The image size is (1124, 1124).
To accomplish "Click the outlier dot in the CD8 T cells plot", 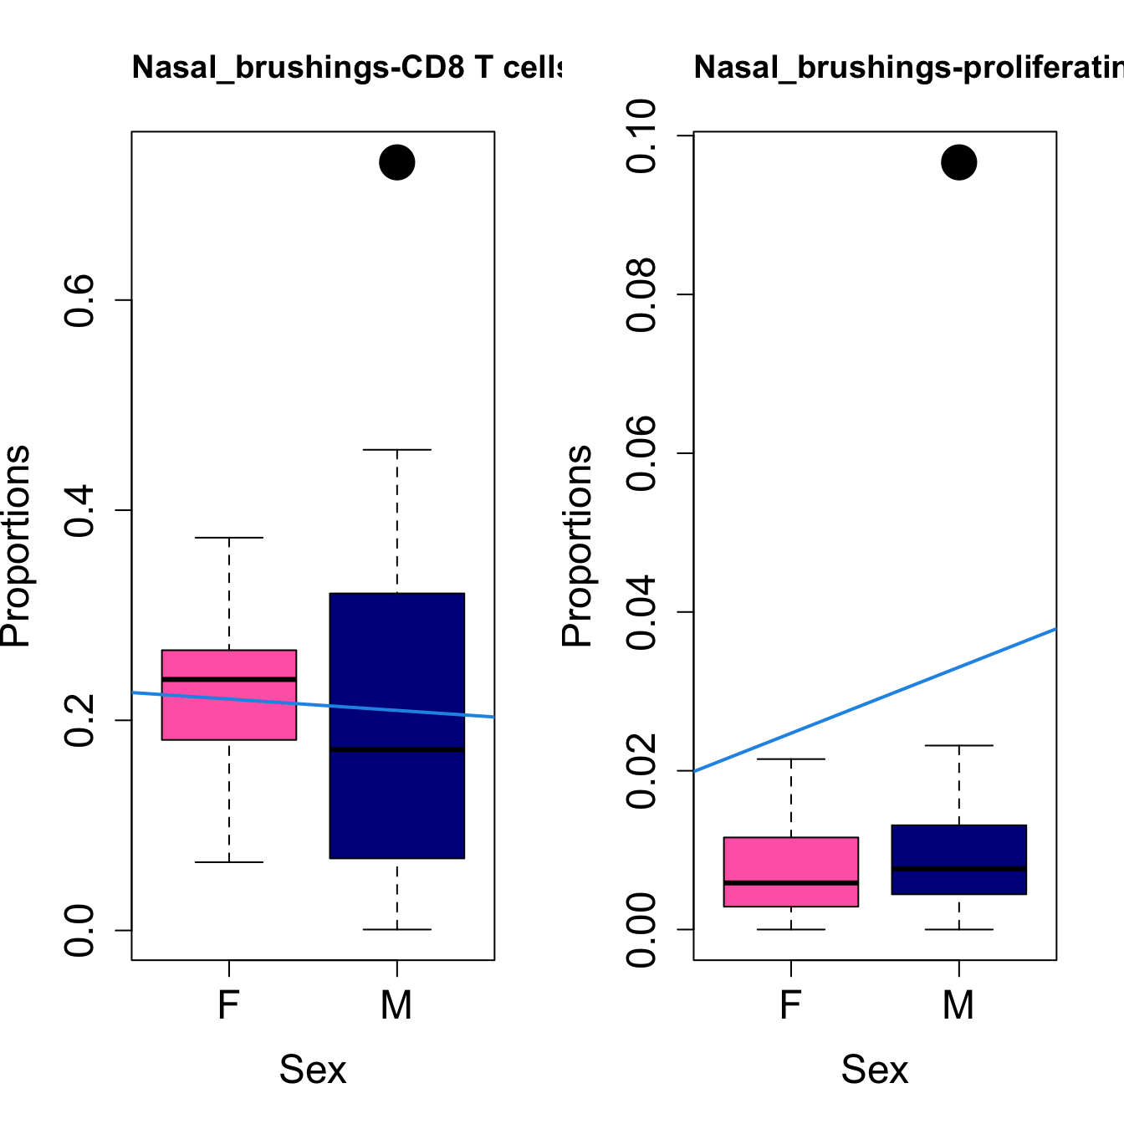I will click(397, 162).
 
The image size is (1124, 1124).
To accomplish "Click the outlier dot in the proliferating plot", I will click(959, 162).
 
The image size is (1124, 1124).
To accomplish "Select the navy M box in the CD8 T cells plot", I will click(396, 803).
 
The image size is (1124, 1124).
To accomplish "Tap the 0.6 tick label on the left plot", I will click(79, 300).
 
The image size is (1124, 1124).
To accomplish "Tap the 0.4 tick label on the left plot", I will click(79, 510).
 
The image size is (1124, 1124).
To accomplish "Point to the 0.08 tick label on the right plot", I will click(641, 294).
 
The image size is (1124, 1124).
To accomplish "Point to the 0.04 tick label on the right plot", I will click(641, 612).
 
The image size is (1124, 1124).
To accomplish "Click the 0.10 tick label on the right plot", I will click(641, 135).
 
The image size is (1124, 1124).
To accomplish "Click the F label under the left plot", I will click(228, 1004).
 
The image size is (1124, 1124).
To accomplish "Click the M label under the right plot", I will click(959, 1004).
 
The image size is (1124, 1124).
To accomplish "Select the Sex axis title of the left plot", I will click(313, 1070).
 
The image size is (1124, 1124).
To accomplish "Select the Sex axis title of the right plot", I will click(875, 1070).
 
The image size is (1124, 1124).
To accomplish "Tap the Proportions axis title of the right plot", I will click(576, 546).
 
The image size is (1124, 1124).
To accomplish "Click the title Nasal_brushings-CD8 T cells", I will click(346, 67).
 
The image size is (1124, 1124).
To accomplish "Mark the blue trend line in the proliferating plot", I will click(875, 699).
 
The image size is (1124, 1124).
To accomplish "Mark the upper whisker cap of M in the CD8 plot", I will click(397, 450).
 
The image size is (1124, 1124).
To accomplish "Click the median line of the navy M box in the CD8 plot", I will click(396, 749).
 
